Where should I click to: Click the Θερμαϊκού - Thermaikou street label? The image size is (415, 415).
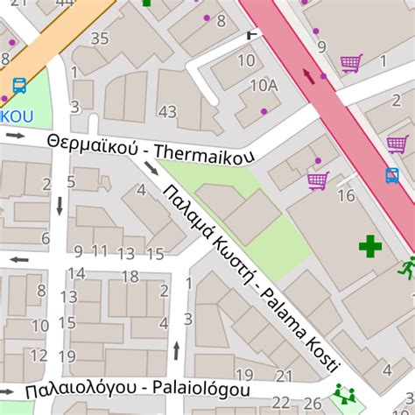pyautogui.click(x=151, y=148)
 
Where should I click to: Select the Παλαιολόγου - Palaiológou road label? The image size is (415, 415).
pyautogui.click(x=137, y=389)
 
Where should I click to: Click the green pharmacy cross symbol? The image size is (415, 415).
pyautogui.click(x=370, y=246)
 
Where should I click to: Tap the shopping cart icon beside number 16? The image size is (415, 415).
pyautogui.click(x=317, y=181)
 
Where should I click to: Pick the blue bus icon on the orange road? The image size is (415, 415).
pyautogui.click(x=18, y=86)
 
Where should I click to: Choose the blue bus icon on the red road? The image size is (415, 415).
pyautogui.click(x=392, y=175)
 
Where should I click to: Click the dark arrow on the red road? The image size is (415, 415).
pyautogui.click(x=308, y=76)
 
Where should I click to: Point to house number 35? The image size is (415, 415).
pyautogui.click(x=100, y=38)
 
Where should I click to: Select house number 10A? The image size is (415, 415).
pyautogui.click(x=264, y=85)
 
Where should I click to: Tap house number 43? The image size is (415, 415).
pyautogui.click(x=167, y=111)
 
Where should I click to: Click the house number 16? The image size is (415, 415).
pyautogui.click(x=346, y=195)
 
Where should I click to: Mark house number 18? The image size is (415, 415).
pyautogui.click(x=130, y=277)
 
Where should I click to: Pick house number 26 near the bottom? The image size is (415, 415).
pyautogui.click(x=313, y=403)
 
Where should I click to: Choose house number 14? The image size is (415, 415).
pyautogui.click(x=77, y=273)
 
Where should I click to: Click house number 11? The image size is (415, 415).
pyautogui.click(x=100, y=252)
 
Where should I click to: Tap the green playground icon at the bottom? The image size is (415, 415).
pyautogui.click(x=342, y=393)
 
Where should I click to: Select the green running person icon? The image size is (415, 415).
pyautogui.click(x=407, y=267)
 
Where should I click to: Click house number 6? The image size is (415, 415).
pyautogui.click(x=46, y=238)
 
